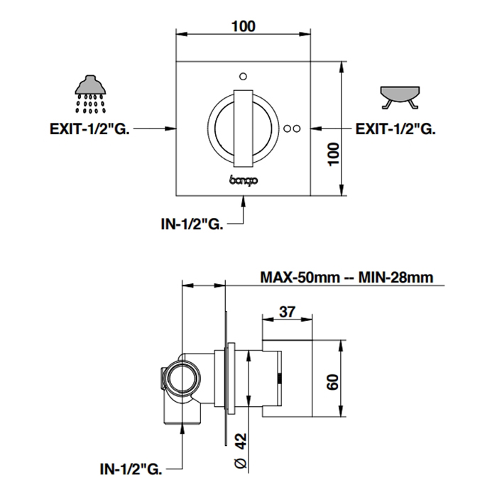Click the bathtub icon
point(400,95)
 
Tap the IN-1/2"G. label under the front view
point(192,224)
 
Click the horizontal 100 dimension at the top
point(244,26)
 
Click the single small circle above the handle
point(244,76)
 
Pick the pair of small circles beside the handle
point(292,129)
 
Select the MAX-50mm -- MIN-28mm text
point(346,276)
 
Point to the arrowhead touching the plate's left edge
point(171,129)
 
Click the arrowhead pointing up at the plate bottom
point(244,201)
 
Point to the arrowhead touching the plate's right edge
point(317,129)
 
